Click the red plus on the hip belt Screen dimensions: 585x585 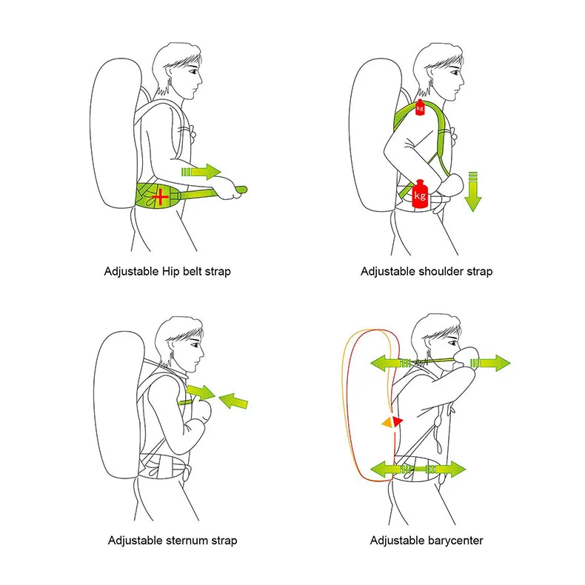(161, 196)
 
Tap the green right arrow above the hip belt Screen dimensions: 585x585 (201, 172)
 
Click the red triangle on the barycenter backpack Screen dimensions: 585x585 (398, 421)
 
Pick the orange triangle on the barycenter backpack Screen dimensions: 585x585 (386, 422)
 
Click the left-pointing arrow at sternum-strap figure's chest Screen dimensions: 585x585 (235, 401)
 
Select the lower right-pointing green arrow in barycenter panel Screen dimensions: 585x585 (447, 469)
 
